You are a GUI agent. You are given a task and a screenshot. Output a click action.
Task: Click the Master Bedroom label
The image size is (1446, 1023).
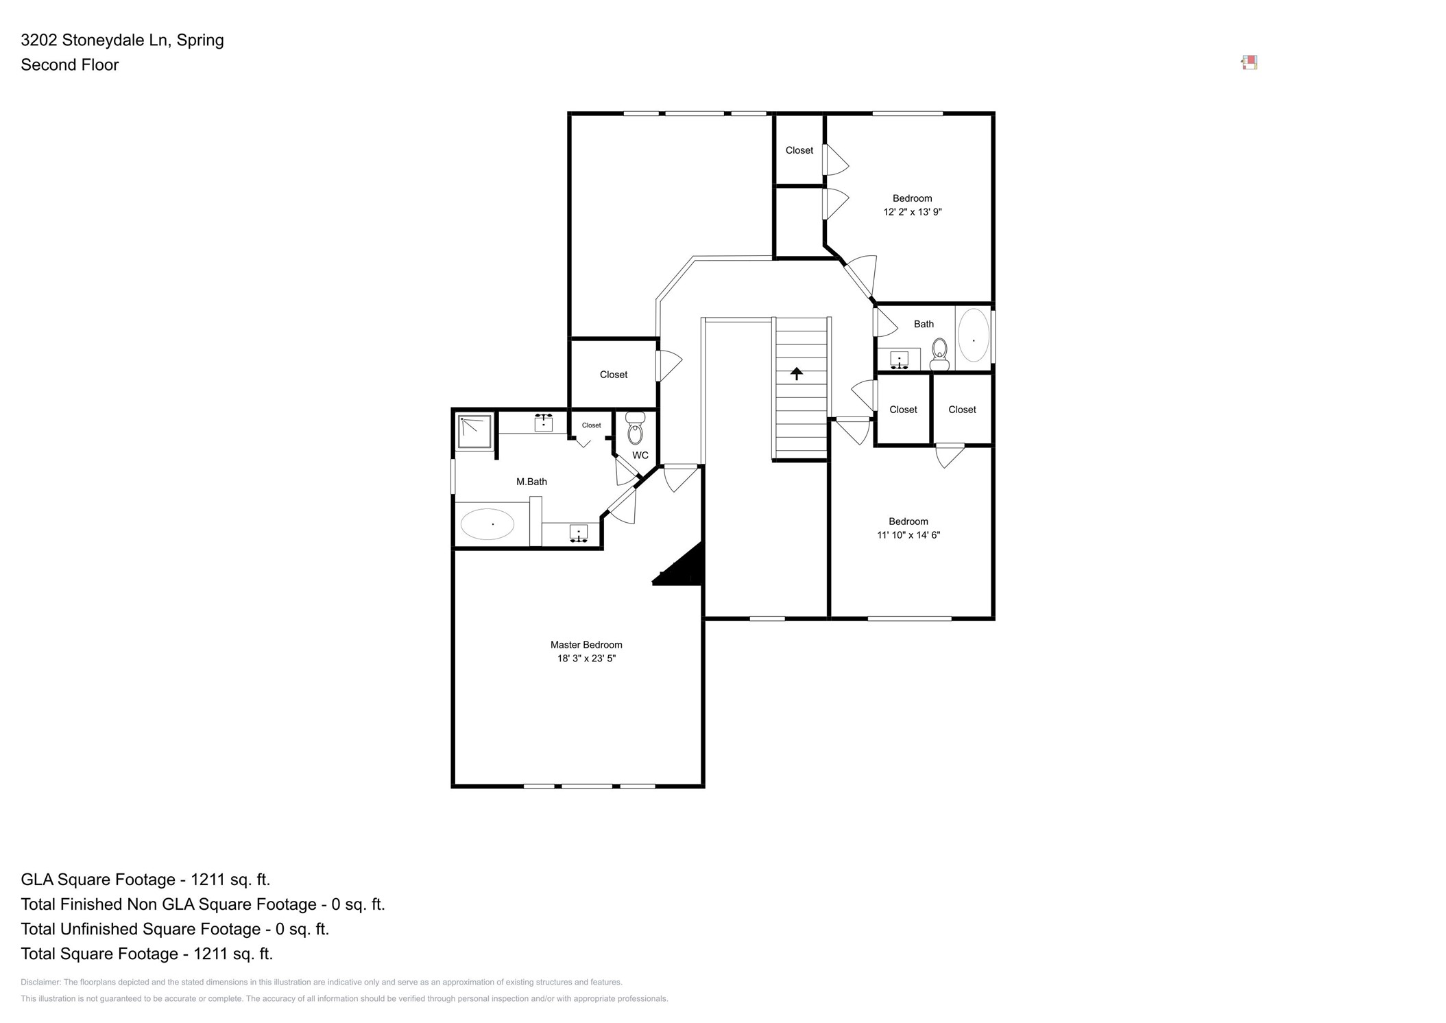pos(586,644)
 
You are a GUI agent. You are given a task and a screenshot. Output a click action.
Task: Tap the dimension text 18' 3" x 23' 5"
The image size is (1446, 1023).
pos(586,659)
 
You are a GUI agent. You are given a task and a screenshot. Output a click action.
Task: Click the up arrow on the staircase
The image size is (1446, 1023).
pos(796,373)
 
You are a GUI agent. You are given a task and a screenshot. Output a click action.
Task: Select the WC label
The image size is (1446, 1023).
pos(640,456)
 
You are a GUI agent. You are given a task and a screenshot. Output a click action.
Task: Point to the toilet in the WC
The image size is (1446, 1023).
pos(635,430)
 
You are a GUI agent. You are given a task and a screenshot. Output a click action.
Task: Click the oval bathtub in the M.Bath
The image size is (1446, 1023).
pos(487,524)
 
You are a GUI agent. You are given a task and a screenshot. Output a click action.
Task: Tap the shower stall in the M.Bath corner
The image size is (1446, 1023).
pos(474,432)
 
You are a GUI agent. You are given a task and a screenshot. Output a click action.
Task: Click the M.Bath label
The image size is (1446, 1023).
pos(531,482)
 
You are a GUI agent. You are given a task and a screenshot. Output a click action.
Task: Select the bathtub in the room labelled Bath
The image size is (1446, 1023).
pos(973,336)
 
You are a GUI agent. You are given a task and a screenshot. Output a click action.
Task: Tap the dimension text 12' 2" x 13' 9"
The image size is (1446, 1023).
pos(912,212)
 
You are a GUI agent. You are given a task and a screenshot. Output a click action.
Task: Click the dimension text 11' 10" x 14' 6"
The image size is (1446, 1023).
pos(908,535)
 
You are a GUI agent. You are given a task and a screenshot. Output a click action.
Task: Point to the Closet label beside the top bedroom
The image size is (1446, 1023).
pos(799,150)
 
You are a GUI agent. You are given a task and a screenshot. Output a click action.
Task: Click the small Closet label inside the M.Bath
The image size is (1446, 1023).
pos(591,425)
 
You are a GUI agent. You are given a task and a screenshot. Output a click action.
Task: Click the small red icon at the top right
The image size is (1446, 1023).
pos(1249,62)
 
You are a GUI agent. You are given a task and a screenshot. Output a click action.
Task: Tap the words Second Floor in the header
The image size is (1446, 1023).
pos(70,64)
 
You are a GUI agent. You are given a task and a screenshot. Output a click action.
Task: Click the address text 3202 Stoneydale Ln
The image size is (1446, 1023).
pos(95,40)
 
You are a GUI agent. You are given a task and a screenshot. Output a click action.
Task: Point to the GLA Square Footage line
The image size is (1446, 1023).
pos(145,880)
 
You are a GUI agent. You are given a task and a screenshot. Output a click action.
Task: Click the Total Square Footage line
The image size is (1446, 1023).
pos(147,954)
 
